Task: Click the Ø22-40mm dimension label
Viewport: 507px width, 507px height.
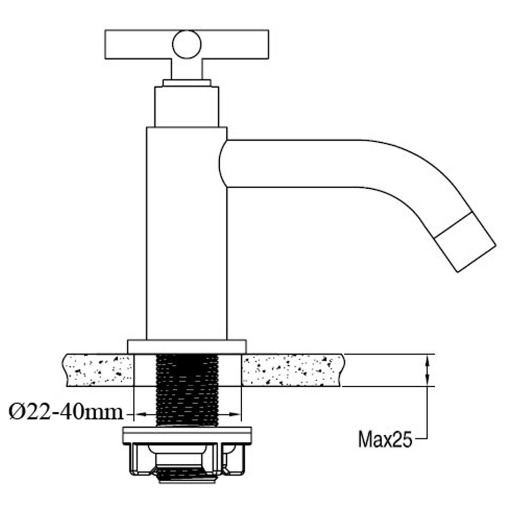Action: [66, 412]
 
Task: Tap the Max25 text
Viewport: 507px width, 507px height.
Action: [385, 439]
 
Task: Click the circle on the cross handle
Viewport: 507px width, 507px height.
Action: [187, 45]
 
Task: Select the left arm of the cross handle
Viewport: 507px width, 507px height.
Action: [138, 45]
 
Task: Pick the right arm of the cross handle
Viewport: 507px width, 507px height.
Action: [235, 45]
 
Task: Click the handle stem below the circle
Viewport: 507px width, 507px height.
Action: [187, 69]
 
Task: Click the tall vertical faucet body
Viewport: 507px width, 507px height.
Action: [187, 233]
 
